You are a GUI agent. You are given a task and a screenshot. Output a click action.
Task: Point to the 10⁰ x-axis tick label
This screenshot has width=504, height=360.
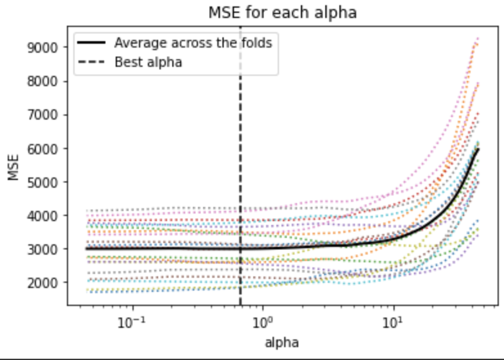click(x=262, y=320)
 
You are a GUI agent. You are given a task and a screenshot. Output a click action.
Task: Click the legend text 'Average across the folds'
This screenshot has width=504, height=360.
click(x=193, y=44)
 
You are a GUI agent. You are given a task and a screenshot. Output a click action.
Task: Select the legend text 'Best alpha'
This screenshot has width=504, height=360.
click(x=148, y=62)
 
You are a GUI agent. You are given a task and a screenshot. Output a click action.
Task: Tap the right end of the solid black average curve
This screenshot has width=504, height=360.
click(x=478, y=149)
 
